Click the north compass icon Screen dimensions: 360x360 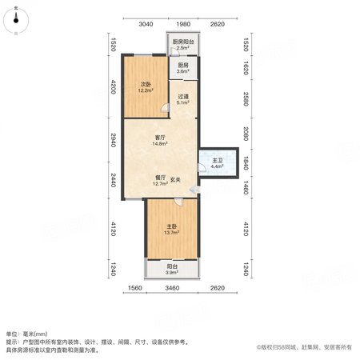16,21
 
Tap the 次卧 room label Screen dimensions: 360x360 146,84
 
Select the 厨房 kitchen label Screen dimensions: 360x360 183,65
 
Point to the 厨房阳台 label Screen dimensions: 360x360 183,42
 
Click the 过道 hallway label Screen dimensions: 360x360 183,97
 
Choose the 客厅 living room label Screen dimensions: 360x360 160,138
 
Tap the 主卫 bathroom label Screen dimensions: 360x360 218,161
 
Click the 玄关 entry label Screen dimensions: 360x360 175,180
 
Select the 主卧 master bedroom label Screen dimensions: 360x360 172,226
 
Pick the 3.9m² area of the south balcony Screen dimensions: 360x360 172,272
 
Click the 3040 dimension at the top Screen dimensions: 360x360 146,24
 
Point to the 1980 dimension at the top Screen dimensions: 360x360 183,24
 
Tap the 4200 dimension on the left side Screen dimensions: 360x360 113,87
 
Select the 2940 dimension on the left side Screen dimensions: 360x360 113,140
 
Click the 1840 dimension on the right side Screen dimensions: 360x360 246,163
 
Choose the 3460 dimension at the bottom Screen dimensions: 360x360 172,288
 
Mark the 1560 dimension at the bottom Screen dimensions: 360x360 135,288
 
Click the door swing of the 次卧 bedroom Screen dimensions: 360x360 166,108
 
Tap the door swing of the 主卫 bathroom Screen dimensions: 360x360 202,168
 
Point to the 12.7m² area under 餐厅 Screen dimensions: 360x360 160,183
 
